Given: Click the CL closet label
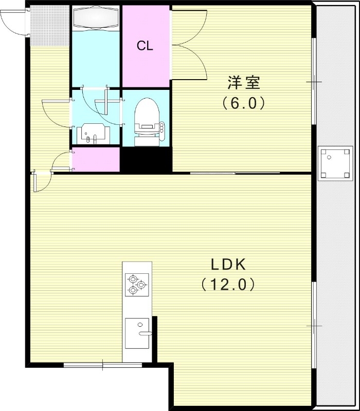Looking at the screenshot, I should (x=145, y=46).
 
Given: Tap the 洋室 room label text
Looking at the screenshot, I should (x=244, y=82).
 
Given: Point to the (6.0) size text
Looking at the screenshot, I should (x=244, y=103).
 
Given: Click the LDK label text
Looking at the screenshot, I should (x=229, y=265).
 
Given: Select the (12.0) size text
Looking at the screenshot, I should (x=228, y=284).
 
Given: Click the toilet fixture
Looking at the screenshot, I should (x=146, y=121).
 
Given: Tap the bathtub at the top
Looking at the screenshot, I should (x=95, y=18).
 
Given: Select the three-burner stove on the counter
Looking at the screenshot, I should (x=137, y=284).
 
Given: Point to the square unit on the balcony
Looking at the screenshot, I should (x=335, y=163).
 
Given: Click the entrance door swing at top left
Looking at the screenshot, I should (x=14, y=21).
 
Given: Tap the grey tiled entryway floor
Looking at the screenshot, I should (x=49, y=26).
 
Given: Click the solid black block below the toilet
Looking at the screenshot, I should (x=146, y=160).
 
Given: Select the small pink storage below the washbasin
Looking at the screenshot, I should (x=96, y=160).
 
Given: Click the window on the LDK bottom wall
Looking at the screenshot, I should (x=103, y=365).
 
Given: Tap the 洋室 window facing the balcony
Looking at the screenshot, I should (x=313, y=82).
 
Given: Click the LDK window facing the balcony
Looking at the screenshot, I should (x=313, y=325).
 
